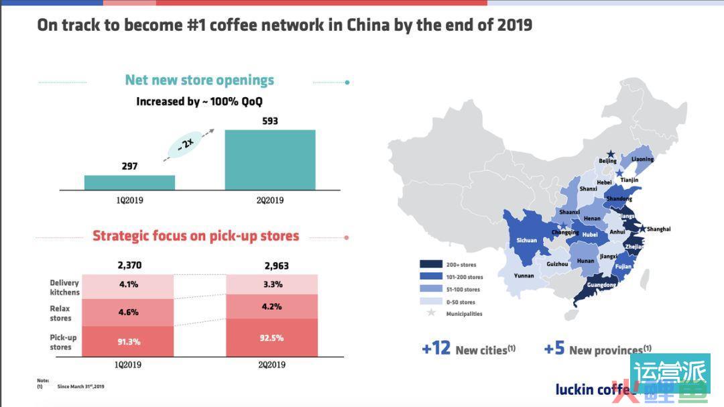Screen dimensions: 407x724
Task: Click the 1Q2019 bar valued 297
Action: click(x=129, y=182)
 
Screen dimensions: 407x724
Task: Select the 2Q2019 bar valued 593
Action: click(x=269, y=160)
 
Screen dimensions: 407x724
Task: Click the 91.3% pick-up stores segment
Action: click(x=129, y=341)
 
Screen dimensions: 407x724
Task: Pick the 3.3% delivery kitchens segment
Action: click(x=271, y=284)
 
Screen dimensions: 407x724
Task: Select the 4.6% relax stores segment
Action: click(x=129, y=312)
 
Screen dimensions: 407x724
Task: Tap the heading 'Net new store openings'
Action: click(x=199, y=80)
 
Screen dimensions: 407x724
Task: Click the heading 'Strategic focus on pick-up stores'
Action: click(x=196, y=236)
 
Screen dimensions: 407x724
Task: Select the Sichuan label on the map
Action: click(x=527, y=240)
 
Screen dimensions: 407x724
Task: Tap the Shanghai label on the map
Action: click(x=658, y=229)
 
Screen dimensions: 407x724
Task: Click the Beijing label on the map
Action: click(x=607, y=161)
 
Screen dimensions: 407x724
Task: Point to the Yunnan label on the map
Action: click(x=524, y=276)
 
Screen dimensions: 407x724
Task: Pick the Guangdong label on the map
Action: click(x=601, y=285)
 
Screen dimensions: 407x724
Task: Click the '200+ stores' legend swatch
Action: click(x=430, y=264)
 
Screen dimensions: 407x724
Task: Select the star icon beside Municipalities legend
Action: click(x=430, y=313)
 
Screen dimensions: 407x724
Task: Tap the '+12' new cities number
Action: click(x=436, y=349)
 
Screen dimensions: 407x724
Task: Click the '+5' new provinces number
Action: click(x=554, y=349)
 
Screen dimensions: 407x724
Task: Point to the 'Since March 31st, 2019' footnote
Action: click(x=80, y=387)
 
